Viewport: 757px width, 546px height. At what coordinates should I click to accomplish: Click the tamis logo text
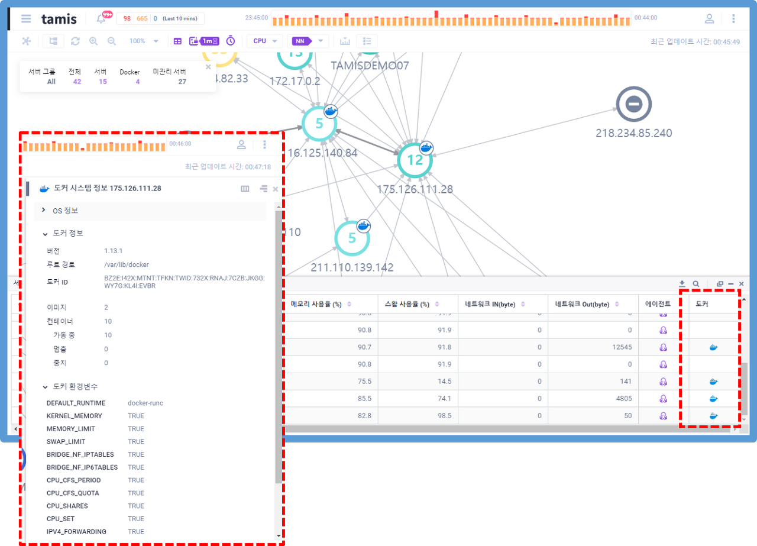[x=59, y=18]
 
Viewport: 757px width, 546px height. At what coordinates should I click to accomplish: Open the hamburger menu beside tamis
[x=26, y=18]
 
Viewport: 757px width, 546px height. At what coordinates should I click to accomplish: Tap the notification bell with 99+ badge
[x=101, y=19]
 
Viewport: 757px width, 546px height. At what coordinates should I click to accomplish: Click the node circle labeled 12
[x=415, y=160]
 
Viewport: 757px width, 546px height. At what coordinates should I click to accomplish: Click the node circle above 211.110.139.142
[x=352, y=238]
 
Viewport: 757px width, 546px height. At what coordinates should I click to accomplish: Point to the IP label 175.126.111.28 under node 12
[x=415, y=189]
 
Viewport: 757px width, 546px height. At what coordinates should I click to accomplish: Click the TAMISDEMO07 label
[x=370, y=66]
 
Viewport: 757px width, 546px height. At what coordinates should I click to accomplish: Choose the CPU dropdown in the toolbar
[x=264, y=41]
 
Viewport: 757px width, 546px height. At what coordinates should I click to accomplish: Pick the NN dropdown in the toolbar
[x=308, y=41]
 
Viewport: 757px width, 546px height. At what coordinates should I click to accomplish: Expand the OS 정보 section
[x=65, y=211]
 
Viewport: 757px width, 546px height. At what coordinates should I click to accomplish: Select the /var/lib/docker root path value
[x=127, y=264]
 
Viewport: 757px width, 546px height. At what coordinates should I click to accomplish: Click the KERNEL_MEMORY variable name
[x=75, y=416]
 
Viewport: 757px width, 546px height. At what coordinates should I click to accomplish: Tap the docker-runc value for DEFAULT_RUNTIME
[x=145, y=403]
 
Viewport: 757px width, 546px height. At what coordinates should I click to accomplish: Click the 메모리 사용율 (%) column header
[x=316, y=304]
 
